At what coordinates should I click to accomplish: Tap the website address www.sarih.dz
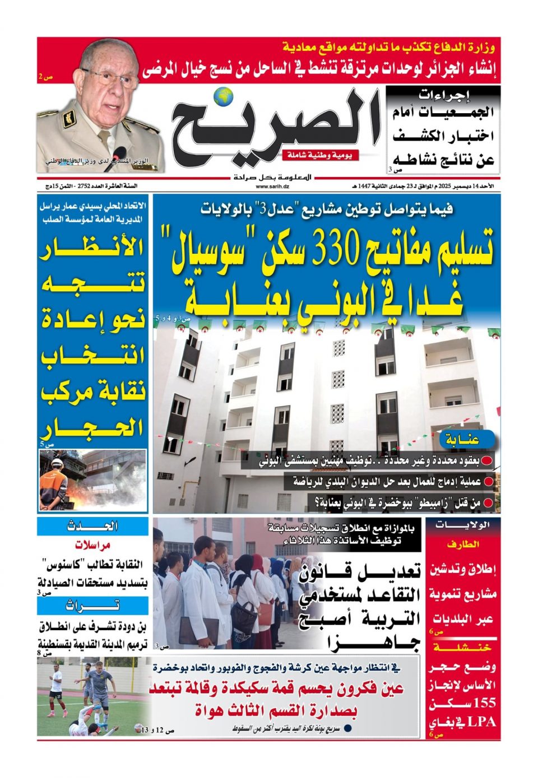pos(269,186)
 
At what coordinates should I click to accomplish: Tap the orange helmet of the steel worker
pos(57,462)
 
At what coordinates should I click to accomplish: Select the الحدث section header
pos(93,527)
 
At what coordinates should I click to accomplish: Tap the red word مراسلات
pos(93,545)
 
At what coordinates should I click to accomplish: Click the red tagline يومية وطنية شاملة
pos(321,155)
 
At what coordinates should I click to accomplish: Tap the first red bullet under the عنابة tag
pos(488,462)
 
